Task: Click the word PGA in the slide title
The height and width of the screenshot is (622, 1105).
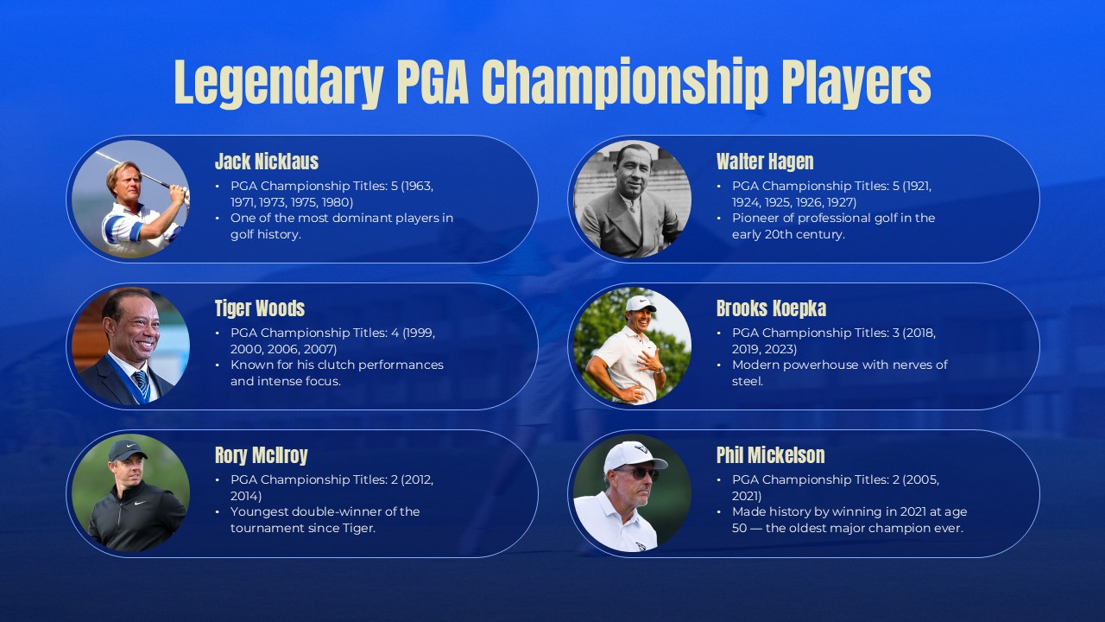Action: click(433, 83)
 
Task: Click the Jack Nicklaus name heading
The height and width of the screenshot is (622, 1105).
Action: click(266, 162)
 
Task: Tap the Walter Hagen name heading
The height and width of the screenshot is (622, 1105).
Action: click(764, 162)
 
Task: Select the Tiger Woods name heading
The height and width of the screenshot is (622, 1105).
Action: click(259, 308)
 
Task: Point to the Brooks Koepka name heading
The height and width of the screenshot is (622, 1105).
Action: click(771, 308)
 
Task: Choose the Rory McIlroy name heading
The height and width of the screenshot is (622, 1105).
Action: click(261, 455)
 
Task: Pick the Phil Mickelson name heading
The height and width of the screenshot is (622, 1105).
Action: click(770, 455)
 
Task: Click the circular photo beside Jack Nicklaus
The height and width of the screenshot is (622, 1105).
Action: click(130, 199)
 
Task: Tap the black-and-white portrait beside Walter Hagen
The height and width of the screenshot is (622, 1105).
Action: click(632, 199)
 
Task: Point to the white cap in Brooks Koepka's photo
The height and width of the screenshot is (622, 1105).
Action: click(640, 303)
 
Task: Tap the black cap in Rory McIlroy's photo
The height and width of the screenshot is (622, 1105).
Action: click(127, 449)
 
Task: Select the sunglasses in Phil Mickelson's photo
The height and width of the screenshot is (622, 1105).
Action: click(637, 473)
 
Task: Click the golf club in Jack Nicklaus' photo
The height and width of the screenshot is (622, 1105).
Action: click(138, 172)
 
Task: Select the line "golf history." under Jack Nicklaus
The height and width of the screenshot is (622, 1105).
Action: click(265, 234)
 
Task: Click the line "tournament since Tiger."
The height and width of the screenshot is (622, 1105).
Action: click(302, 528)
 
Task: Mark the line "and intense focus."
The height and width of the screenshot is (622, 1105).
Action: click(285, 381)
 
